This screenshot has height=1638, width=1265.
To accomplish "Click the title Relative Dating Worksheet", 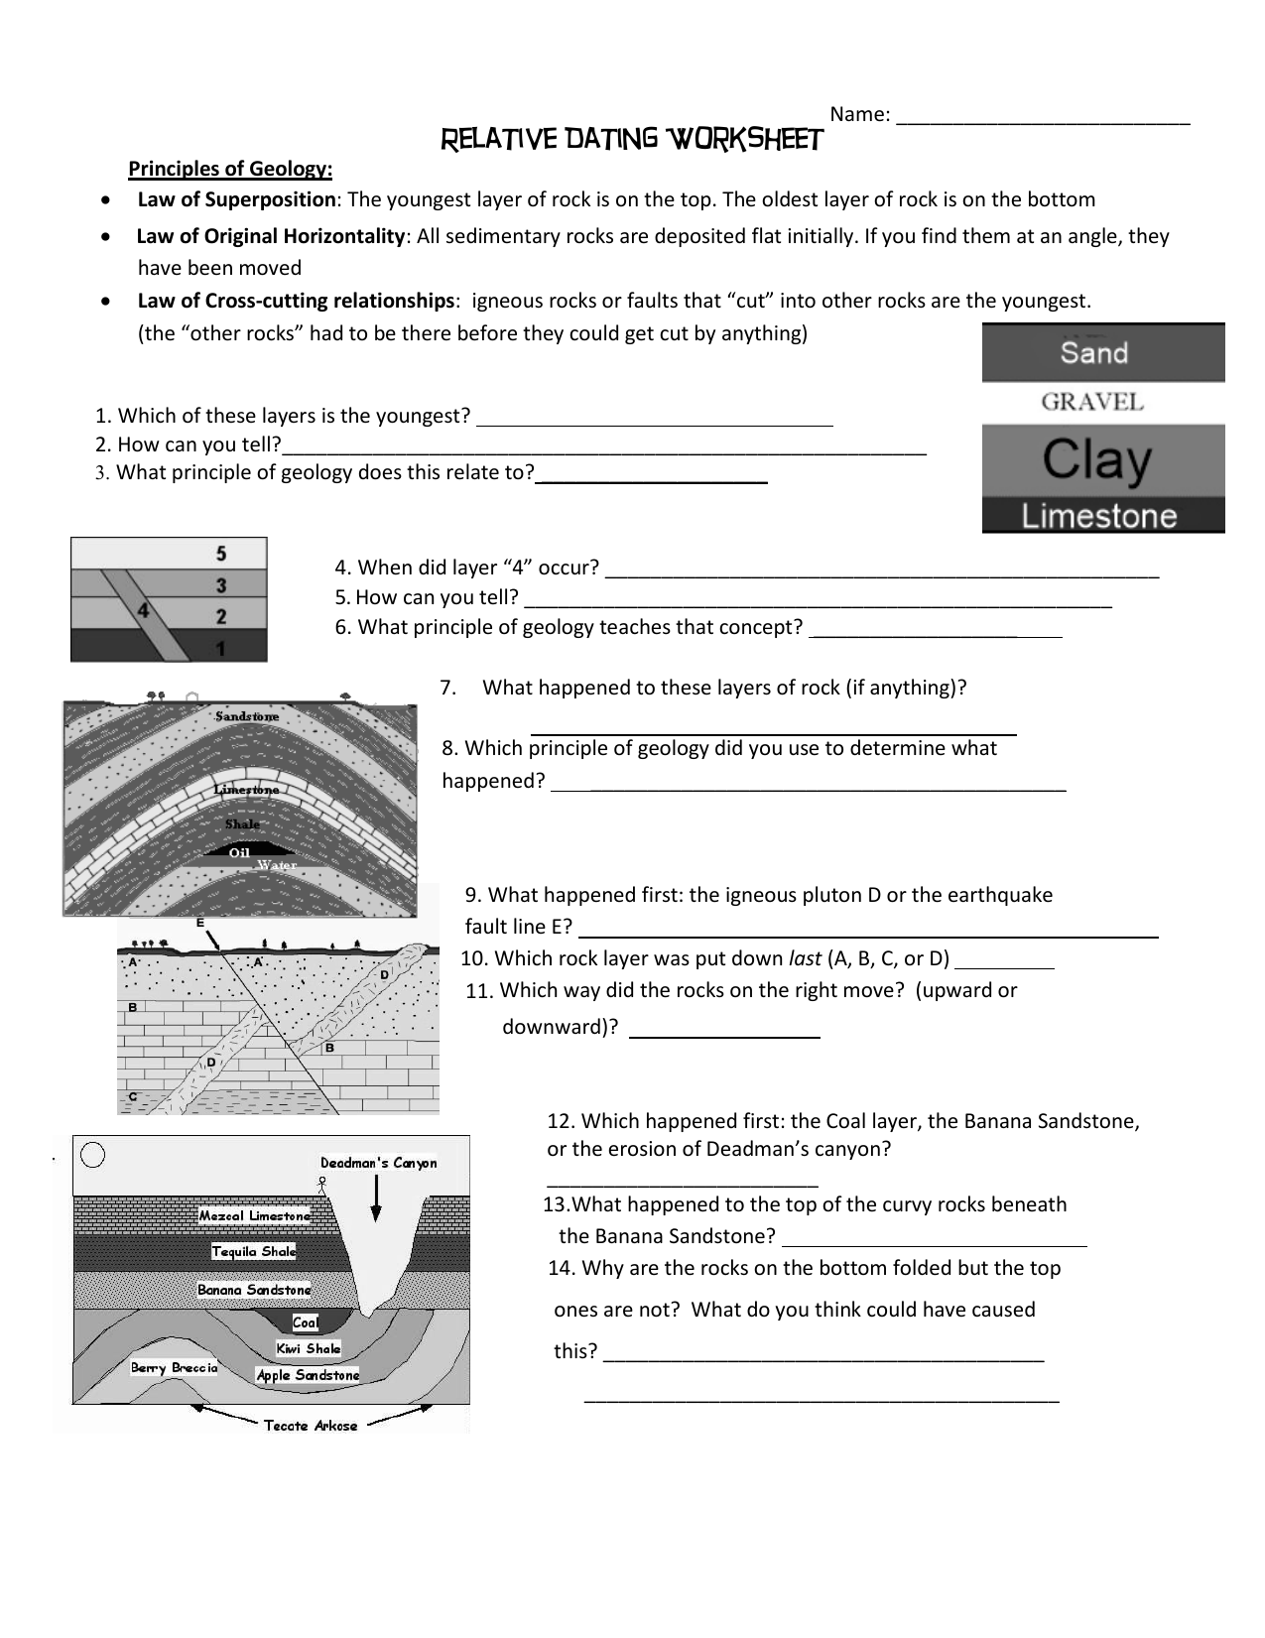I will click(x=631, y=140).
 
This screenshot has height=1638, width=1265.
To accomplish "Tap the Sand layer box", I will click(x=1102, y=352).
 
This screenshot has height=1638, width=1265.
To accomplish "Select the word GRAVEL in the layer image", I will click(x=1092, y=402).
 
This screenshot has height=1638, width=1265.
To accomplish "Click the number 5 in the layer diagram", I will click(x=221, y=554).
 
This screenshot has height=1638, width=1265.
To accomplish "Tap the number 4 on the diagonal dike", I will click(x=143, y=611).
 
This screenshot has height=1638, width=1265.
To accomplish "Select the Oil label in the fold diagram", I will click(x=239, y=852).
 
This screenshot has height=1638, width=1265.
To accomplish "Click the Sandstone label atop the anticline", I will click(x=247, y=716).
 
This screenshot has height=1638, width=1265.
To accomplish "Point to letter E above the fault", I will click(x=199, y=923).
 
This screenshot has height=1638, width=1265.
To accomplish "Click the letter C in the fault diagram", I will click(x=132, y=1096).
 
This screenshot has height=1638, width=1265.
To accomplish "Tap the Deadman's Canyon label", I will click(x=378, y=1163).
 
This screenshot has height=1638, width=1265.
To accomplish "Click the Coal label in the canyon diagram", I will click(x=306, y=1323).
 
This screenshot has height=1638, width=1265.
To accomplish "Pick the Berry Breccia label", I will click(x=174, y=1368).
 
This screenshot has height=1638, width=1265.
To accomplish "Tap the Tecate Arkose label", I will click(x=310, y=1426).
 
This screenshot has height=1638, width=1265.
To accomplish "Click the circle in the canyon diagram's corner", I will click(x=93, y=1156).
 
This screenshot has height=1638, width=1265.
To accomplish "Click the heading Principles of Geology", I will click(x=230, y=168).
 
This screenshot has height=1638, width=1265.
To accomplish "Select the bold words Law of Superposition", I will click(x=236, y=199).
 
